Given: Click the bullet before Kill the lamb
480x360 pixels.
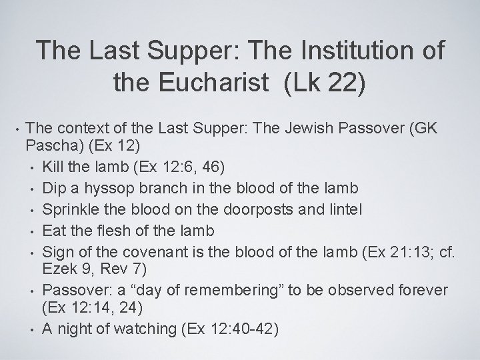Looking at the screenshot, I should click(32, 163).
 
